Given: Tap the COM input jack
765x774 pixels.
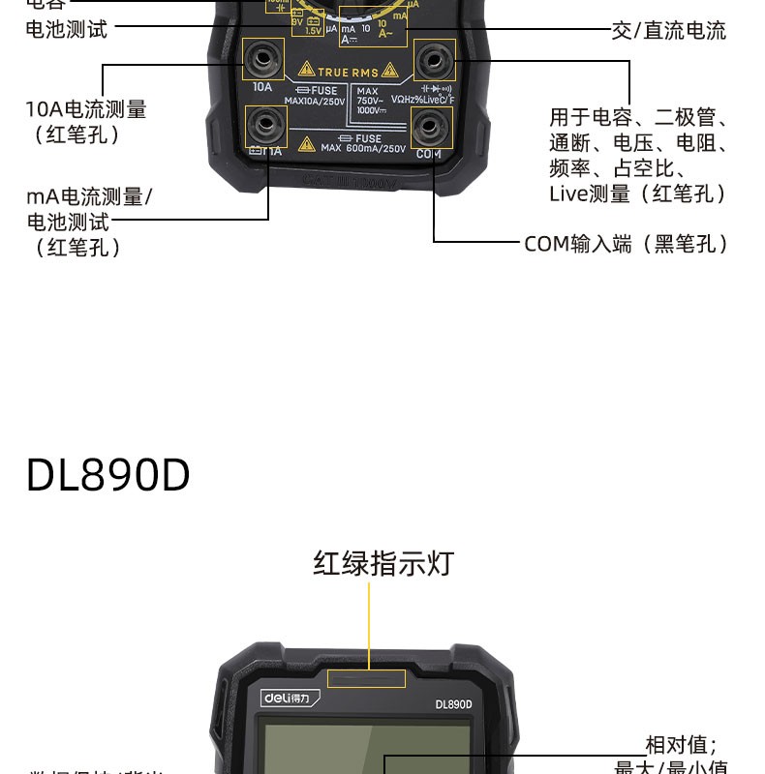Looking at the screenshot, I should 430,126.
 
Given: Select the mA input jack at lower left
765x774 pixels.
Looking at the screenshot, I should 264,126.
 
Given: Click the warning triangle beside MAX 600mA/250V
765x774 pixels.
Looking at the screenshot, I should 307,145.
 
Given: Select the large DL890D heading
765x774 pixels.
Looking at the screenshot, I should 108,475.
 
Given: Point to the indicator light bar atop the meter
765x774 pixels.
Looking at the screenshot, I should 368,678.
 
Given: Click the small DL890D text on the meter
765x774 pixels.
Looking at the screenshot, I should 453,704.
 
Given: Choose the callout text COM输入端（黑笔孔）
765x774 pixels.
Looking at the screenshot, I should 626,244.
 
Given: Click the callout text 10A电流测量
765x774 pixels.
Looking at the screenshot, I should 86,109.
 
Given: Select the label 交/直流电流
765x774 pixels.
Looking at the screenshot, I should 668,31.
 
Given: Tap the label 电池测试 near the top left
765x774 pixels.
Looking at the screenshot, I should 67,29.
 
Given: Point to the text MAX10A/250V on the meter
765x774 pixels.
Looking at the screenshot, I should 315,101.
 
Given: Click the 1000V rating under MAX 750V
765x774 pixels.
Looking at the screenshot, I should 371,109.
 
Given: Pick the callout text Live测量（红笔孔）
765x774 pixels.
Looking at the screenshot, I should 637,193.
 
